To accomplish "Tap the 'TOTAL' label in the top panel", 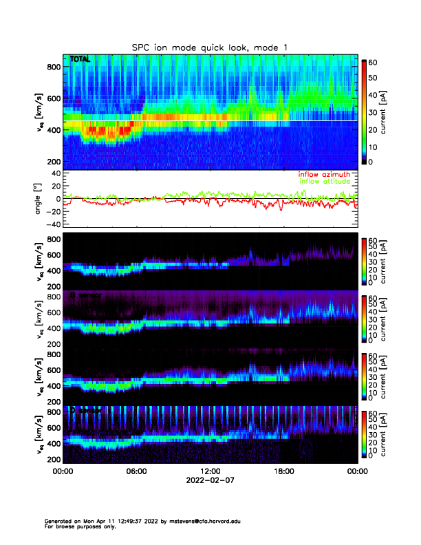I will coord(80,60).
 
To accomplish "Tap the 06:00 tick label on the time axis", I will coord(136,472).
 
